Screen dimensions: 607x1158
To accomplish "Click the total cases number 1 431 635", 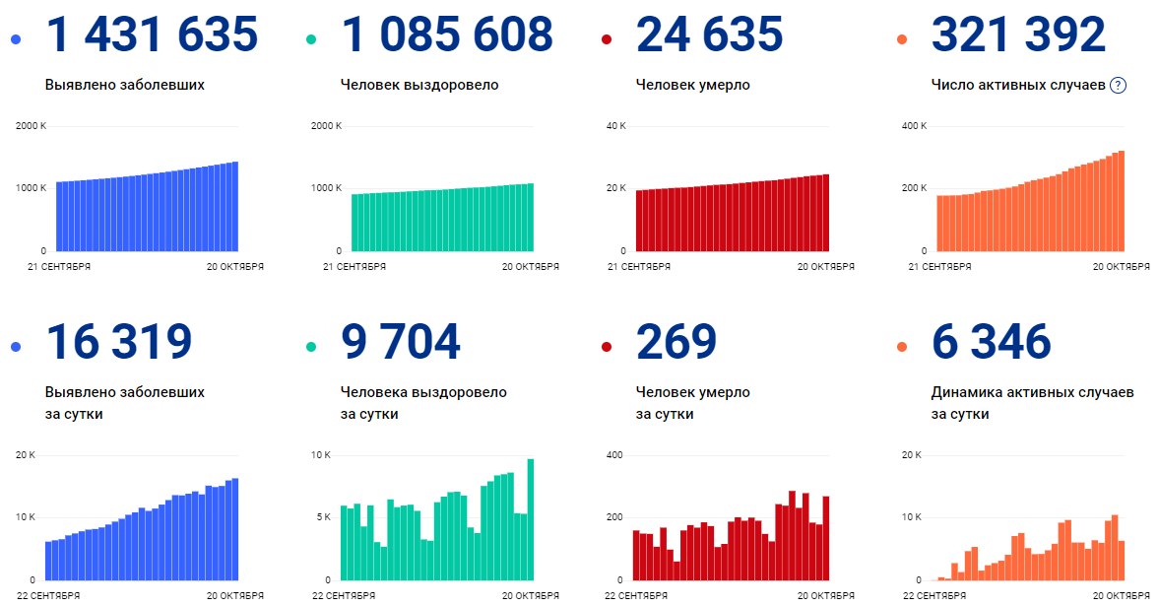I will pos(152,35).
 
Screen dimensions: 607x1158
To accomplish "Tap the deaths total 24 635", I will pos(710,35).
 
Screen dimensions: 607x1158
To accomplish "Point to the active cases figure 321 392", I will pos(1018,35).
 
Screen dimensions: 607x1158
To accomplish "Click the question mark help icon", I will pos(1118,86).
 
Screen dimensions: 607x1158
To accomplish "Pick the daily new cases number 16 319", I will pos(119,342).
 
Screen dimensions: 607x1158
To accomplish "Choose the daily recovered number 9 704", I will pos(401,342).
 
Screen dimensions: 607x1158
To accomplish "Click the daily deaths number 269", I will pos(676,342).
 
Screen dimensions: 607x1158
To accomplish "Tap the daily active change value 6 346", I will pos(992,342).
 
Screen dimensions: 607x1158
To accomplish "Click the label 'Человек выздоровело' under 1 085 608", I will pos(419,85).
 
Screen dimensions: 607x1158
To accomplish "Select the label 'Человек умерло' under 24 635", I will pos(693,85).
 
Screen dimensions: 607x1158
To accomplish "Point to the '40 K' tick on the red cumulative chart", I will pos(616,126).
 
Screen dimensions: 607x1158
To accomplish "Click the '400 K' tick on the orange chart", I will pos(915,126).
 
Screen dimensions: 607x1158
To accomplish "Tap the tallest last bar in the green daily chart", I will pos(530,519).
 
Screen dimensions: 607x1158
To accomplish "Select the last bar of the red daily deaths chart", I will pos(825,538).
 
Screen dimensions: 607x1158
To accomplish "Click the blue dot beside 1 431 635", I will pos(16,39).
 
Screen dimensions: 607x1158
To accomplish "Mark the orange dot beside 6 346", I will pos(902,347).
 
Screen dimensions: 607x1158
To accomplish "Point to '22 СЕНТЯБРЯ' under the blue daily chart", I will pos(49,595).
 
